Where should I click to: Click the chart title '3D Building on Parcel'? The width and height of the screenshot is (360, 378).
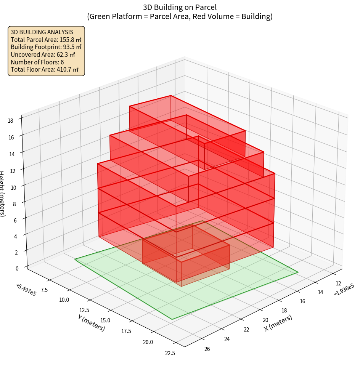180,7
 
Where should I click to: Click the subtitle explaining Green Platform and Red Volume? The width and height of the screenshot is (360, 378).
180,16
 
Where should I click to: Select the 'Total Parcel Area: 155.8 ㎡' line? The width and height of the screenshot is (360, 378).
46,39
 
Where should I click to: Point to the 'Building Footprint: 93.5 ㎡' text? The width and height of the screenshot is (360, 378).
46,47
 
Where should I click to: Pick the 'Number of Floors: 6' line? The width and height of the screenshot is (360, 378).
37,62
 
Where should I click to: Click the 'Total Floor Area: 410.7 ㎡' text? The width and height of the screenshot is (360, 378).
45,69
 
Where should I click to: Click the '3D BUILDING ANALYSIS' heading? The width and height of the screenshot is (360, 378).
42,32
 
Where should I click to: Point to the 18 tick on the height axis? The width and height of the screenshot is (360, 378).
10,121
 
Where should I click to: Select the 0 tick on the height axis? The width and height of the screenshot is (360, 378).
17,268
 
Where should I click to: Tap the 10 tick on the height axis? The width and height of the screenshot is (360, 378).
14,187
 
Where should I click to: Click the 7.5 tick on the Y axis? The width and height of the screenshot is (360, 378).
44,290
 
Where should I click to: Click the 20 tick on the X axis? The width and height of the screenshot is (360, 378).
266,320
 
